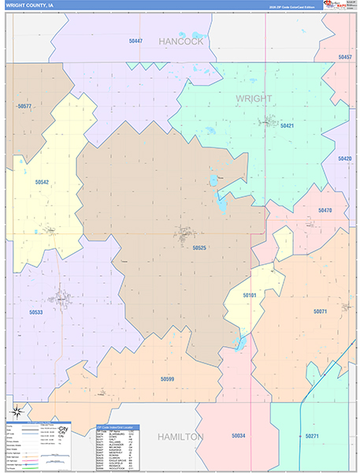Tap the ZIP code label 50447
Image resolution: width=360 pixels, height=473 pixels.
click(x=135, y=40)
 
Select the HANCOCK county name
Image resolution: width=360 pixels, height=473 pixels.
click(x=181, y=41)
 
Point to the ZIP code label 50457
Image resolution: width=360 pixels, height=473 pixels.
click(x=345, y=58)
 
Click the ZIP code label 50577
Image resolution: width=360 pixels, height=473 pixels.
click(x=24, y=106)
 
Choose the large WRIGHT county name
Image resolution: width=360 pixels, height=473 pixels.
click(x=254, y=99)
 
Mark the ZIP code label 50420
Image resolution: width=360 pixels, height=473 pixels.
click(x=345, y=158)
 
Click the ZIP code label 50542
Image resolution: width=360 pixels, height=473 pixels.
click(x=42, y=182)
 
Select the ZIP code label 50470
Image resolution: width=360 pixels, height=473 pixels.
click(x=325, y=210)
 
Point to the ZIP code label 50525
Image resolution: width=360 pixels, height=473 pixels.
click(x=199, y=248)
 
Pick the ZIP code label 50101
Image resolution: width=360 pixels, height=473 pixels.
click(x=250, y=295)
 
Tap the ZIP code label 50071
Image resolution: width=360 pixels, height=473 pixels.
click(x=320, y=311)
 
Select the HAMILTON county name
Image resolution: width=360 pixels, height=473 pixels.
click(x=180, y=436)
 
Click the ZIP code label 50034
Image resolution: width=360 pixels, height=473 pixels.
click(x=238, y=435)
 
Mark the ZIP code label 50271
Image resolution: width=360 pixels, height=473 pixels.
click(x=312, y=435)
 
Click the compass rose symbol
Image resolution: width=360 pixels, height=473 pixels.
click(x=15, y=411)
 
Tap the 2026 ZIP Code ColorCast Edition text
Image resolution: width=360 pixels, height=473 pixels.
click(x=291, y=6)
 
